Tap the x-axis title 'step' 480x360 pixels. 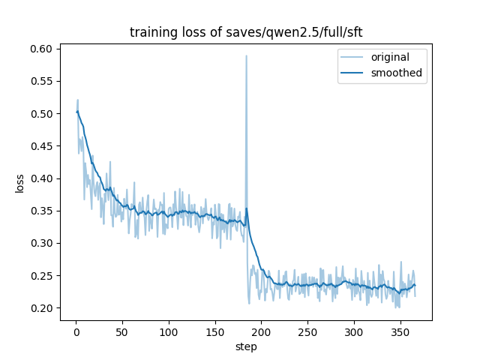click(x=246, y=347)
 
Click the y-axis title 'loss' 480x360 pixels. click(x=20, y=184)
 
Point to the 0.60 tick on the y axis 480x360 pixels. click(x=41, y=49)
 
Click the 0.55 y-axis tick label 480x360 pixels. click(x=41, y=81)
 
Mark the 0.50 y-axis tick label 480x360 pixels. click(x=41, y=114)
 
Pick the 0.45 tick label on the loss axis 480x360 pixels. click(x=41, y=146)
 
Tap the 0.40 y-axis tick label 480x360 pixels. click(x=41, y=178)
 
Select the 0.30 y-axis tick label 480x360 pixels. click(x=41, y=243)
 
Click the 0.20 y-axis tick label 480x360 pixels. click(x=41, y=308)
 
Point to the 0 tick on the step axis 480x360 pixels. click(x=76, y=331)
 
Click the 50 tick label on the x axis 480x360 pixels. click(x=122, y=331)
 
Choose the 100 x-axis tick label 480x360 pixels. click(x=169, y=331)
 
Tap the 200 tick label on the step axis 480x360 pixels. click(x=261, y=331)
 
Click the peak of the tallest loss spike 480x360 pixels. click(x=246, y=55)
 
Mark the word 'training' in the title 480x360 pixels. click(x=151, y=32)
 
